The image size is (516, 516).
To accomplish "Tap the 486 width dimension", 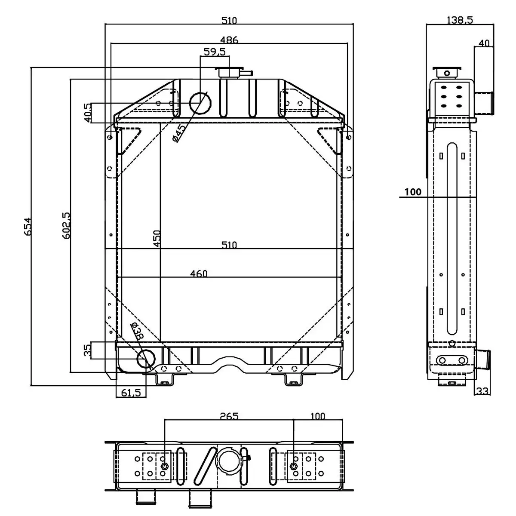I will (229, 40).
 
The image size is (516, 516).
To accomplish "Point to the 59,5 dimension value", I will (215, 52).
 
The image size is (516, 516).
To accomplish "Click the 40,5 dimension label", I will (87, 113).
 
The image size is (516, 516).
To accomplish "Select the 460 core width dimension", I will (199, 273).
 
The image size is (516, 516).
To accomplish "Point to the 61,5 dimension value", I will (131, 392).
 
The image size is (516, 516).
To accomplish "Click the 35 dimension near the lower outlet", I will (87, 350).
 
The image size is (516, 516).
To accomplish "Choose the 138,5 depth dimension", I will (460, 19).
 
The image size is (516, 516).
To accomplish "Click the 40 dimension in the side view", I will (484, 43).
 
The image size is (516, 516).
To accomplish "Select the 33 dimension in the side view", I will (482, 391).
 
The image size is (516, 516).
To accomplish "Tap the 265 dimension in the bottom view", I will (229, 416).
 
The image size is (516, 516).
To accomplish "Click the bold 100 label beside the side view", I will (413, 192).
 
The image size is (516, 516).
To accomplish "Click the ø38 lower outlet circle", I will (146, 359).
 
